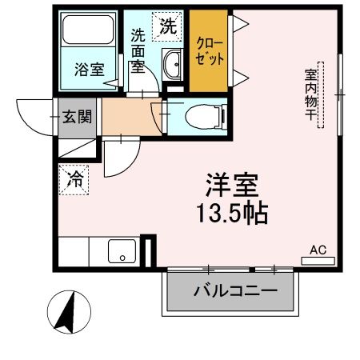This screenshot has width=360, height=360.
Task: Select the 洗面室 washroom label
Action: click(x=138, y=50)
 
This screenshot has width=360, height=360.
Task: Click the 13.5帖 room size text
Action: click(x=234, y=214)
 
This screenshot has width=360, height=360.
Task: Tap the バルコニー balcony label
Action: click(x=234, y=291)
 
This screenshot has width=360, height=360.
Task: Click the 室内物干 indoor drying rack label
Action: click(x=310, y=95)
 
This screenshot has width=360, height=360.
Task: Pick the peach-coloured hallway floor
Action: click(x=131, y=118)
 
